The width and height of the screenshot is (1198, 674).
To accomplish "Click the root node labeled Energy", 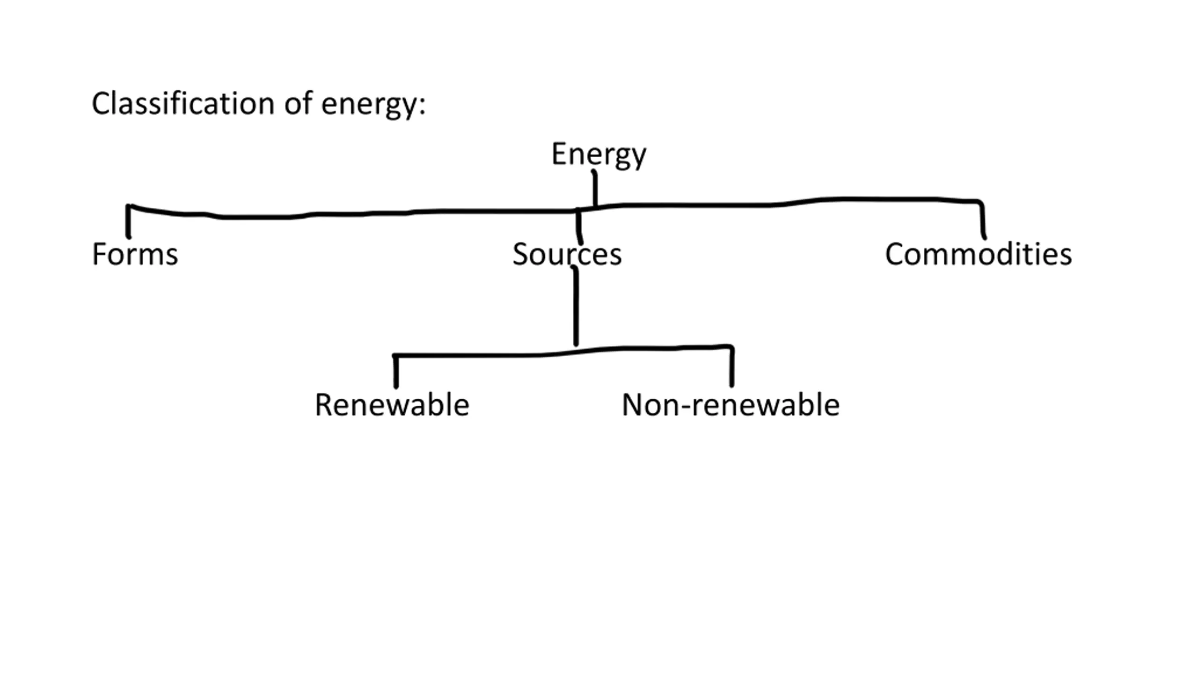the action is pyautogui.click(x=599, y=154).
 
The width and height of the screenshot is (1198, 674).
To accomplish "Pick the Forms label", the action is pyautogui.click(x=135, y=254).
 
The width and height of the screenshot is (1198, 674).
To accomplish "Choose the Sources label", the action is pyautogui.click(x=567, y=254).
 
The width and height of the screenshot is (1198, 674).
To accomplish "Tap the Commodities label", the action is pyautogui.click(x=978, y=254).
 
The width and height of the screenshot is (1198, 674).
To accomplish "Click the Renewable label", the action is pyautogui.click(x=392, y=405).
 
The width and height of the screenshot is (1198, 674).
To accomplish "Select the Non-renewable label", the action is pyautogui.click(x=730, y=405).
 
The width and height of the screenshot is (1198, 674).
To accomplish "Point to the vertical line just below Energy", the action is pyautogui.click(x=595, y=188).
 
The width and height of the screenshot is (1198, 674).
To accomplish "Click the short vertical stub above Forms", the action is pyautogui.click(x=128, y=221).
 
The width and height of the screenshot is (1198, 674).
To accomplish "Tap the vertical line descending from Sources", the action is pyautogui.click(x=576, y=306).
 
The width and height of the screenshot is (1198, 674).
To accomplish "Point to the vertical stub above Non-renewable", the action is pyautogui.click(x=732, y=366).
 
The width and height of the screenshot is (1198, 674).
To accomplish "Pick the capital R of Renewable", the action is pyautogui.click(x=324, y=405).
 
